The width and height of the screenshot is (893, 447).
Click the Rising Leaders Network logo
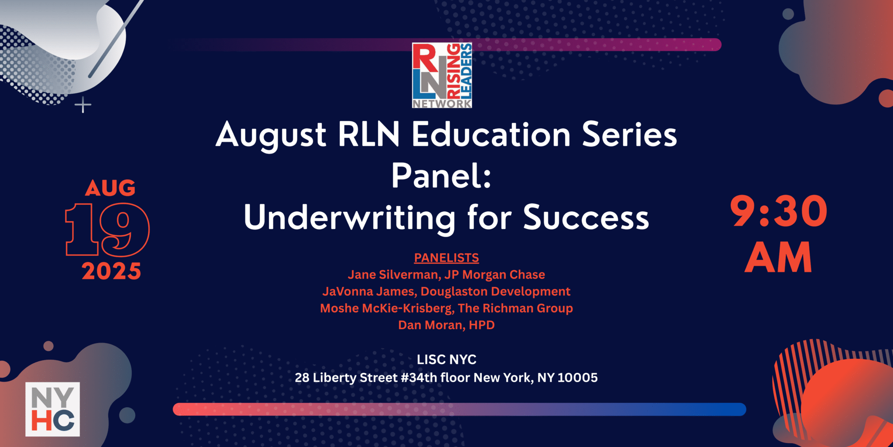pyautogui.click(x=442, y=75)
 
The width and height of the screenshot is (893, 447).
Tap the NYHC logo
pyautogui.click(x=53, y=409)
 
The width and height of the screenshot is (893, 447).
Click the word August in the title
pyautogui.click(x=271, y=135)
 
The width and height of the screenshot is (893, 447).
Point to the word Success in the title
pyautogui.click(x=586, y=217)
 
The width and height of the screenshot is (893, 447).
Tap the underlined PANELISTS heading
pyautogui.click(x=446, y=258)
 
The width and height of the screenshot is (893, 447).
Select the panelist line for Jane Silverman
pyautogui.click(x=446, y=275)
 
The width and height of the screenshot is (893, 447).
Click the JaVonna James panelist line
pyautogui.click(x=446, y=291)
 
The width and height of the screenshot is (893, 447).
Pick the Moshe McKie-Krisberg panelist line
pyautogui.click(x=446, y=308)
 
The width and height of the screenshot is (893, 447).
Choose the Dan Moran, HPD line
pyautogui.click(x=446, y=325)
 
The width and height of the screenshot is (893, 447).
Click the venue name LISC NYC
pyautogui.click(x=446, y=359)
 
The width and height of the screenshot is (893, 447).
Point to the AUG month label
pyautogui.click(x=110, y=188)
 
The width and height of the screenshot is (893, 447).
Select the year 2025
pyautogui.click(x=112, y=271)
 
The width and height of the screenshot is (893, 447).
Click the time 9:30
pyautogui.click(x=779, y=211)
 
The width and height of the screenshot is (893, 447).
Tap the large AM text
pyautogui.click(x=779, y=258)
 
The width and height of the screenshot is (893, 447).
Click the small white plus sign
pyautogui.click(x=83, y=105)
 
